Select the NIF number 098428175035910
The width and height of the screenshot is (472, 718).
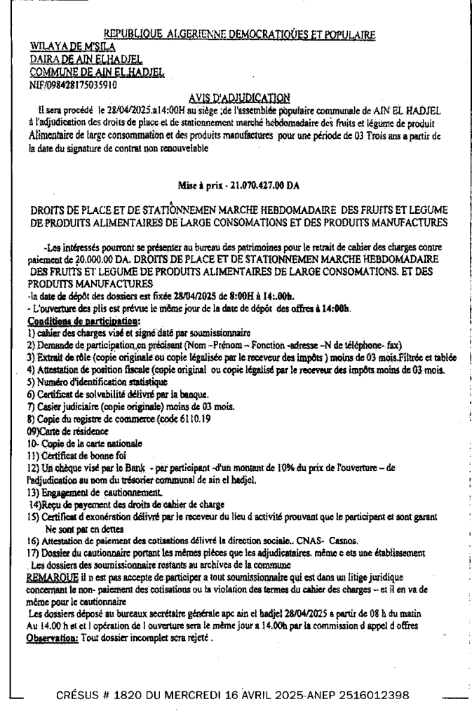(x=72, y=85)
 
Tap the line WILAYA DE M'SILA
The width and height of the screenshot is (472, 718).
(x=63, y=46)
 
